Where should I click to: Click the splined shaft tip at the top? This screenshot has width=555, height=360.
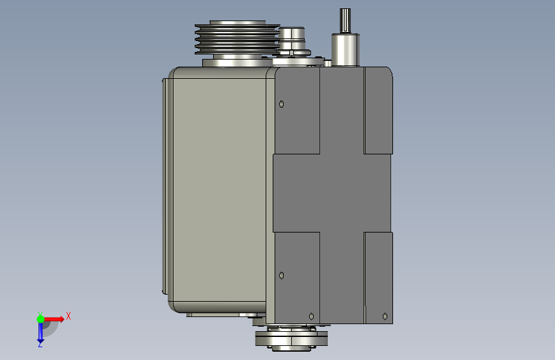345,20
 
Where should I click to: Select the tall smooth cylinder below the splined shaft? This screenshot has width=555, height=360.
345,49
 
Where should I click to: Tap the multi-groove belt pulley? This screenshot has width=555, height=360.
237,38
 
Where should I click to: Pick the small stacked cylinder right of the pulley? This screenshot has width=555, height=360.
292,38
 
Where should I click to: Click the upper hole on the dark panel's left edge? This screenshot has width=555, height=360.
282,104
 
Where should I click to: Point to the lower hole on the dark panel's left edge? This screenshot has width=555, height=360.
282,275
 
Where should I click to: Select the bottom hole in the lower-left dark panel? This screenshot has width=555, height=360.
312,316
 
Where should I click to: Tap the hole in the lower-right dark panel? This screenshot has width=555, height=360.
385,316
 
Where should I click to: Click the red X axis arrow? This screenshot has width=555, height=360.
53,319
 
